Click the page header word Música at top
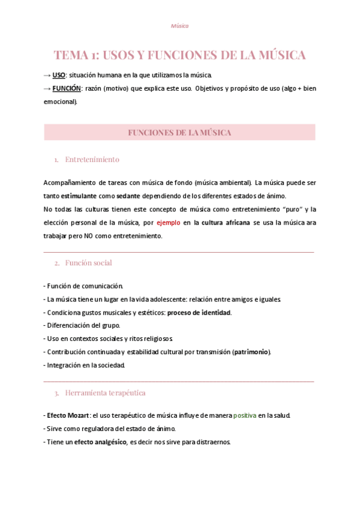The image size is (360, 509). [x=179, y=26]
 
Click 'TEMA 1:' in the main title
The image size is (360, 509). [x=76, y=55]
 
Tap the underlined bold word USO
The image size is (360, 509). [x=59, y=75]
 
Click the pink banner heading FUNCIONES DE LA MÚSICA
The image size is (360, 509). [x=179, y=133]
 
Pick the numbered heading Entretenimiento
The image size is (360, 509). [x=92, y=160]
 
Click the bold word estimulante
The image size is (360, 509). [x=81, y=196]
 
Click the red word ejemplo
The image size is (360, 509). [x=168, y=222]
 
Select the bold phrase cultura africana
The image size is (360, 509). [x=226, y=222]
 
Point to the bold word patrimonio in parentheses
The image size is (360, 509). [x=251, y=352]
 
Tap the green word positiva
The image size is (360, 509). [x=244, y=415]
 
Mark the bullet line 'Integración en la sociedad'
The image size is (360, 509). [x=85, y=365]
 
